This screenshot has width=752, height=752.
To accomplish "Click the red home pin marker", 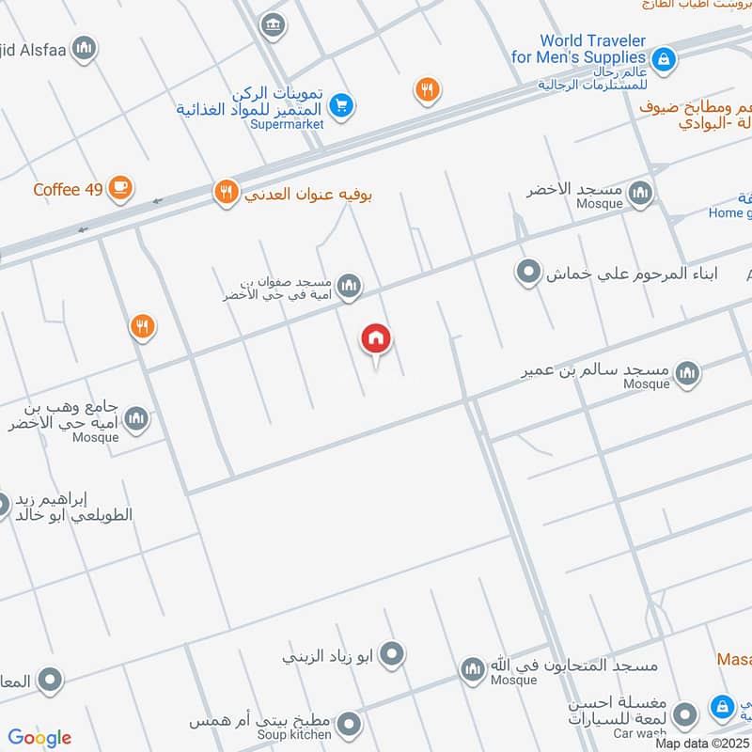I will coord(376,339).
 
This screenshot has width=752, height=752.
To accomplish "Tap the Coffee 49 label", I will coord(68,189).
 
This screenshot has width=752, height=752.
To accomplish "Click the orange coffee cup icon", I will coord(119,189).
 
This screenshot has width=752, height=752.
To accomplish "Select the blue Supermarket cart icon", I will coord(341,105).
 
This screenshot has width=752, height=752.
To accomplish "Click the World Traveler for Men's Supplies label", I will coord(592,49).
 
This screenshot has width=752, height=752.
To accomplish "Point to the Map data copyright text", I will coord(703,743).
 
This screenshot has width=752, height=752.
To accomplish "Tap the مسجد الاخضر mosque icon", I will coord(640,195).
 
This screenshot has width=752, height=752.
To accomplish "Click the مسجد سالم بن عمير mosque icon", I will coord(687,373).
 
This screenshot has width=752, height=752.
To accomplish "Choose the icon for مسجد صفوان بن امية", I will coord(349,286).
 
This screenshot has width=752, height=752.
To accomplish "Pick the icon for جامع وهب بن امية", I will coord(136,418).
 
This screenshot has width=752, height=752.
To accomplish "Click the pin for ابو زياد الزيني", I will coord(392,653).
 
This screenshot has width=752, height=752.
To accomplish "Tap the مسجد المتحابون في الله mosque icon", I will coord(473,669).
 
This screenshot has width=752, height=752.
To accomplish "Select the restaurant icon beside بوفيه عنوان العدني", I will coord(226,194).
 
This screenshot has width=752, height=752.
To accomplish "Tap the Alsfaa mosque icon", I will coord(85,48).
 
